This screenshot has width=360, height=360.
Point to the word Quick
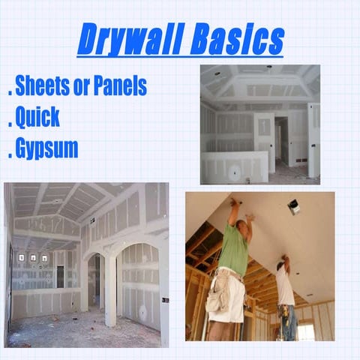38,118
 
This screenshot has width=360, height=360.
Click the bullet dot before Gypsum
9,156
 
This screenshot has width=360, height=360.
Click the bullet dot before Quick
9,125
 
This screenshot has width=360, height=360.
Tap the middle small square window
33,258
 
